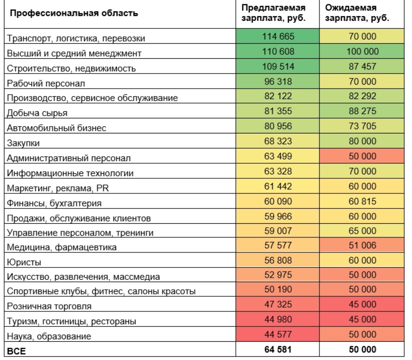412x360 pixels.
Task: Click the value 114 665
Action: [x=278, y=36]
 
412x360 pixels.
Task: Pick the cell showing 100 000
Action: [x=362, y=51]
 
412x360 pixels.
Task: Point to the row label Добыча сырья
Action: [x=37, y=113]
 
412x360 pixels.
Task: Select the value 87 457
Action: [x=362, y=66]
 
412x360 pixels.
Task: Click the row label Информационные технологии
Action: [x=70, y=173]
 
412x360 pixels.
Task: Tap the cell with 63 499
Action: [x=278, y=156]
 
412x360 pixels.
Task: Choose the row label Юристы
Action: [x=24, y=262]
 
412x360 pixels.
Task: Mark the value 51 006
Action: [x=362, y=245]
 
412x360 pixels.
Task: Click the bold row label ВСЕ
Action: [x=16, y=351]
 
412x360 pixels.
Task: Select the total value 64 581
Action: [x=278, y=349]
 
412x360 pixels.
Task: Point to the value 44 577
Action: [x=278, y=334]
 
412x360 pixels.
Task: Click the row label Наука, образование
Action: [x=49, y=336]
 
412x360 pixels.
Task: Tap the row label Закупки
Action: [x=23, y=143]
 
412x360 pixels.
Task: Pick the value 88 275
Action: [x=362, y=111]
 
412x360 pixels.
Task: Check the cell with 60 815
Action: [x=362, y=201]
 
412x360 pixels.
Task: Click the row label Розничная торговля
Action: [x=49, y=306]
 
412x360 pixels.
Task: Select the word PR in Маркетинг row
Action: [x=102, y=188]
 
